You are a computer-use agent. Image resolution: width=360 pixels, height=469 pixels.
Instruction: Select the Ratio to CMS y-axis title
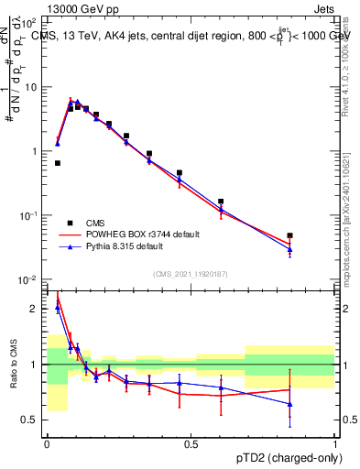[x=12, y=365]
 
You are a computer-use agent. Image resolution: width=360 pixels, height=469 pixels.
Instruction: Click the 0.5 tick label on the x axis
[x=191, y=444]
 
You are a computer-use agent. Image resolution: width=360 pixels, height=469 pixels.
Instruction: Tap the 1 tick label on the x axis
[x=335, y=444]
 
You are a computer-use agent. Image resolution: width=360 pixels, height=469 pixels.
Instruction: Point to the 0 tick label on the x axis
[x=46, y=444]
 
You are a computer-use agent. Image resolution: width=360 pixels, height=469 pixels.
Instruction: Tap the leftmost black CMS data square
[x=58, y=163]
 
